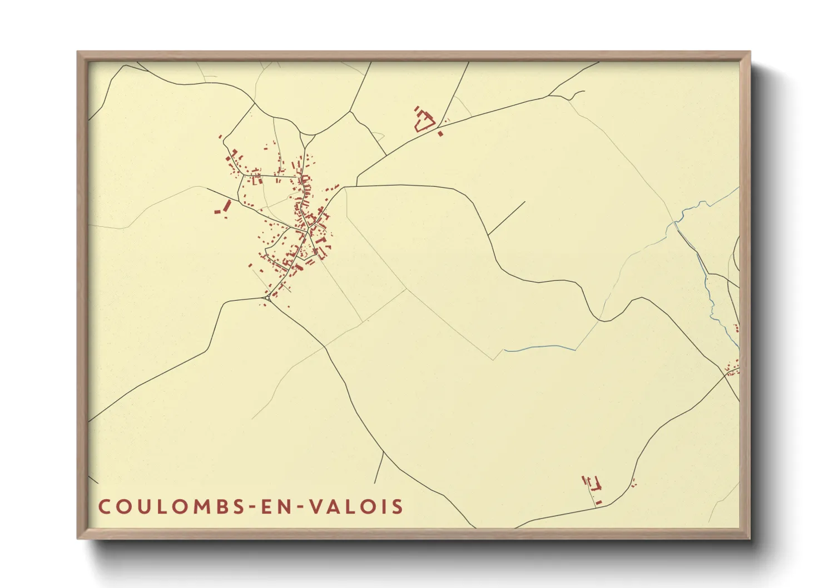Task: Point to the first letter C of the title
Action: click(104, 507)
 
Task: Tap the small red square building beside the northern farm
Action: click(440, 133)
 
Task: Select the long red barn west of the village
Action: click(226, 205)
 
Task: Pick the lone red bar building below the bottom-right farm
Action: click(599, 502)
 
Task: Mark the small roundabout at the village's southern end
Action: click(267, 298)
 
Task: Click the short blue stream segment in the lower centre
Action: click(539, 348)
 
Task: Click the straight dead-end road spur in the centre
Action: click(507, 218)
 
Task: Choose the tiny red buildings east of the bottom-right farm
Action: click(634, 482)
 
